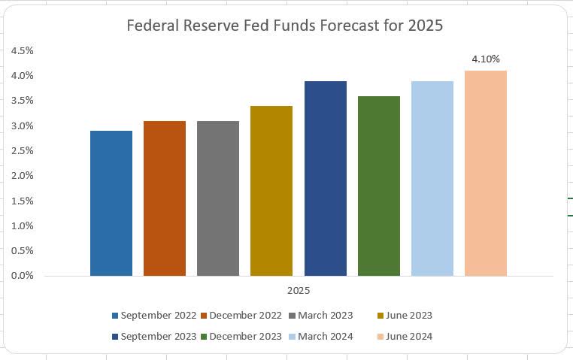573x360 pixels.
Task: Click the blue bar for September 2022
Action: pos(111,203)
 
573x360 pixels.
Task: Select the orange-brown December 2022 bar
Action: pos(165,198)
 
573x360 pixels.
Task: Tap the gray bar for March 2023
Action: pos(218,198)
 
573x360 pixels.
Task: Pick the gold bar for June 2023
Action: pos(271,190)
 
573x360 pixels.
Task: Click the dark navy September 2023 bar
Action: pos(325,178)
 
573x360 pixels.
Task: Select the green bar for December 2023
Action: pos(378,186)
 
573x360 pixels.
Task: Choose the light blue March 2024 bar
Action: pos(432,178)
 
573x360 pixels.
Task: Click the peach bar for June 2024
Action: pos(486,173)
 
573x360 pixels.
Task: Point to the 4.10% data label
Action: pos(485,59)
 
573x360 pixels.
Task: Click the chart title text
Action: pos(285,26)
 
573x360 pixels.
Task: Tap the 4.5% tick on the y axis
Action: pos(22,50)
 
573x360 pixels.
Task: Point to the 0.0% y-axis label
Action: pos(22,276)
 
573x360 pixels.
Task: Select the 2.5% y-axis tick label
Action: pos(22,151)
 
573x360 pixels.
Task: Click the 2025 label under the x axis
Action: pos(299,290)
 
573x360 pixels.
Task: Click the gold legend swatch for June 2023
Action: pos(380,316)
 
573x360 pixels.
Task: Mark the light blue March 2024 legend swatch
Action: pos(293,337)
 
